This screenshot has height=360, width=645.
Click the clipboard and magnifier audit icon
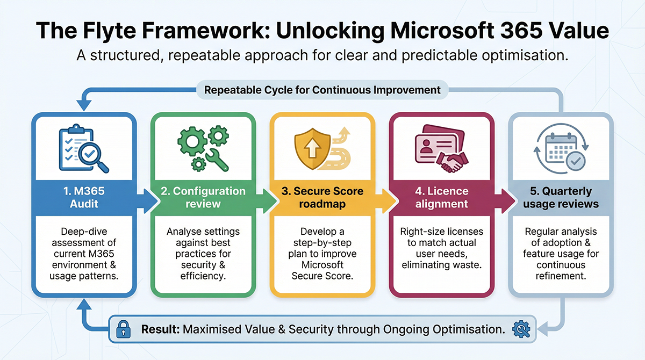point(83,148)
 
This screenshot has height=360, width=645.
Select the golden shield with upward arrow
point(312,149)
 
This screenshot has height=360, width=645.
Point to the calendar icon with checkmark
point(561,148)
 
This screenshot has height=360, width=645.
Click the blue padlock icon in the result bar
point(123,329)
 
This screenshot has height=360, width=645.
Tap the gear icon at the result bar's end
point(521,329)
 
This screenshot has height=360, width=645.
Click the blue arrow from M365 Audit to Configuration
point(147,201)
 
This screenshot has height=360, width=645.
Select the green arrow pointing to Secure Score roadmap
point(267,201)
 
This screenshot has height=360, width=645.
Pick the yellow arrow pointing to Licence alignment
point(386,201)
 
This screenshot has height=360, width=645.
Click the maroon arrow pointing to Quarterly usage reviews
point(505,201)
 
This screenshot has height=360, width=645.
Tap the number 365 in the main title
point(521,31)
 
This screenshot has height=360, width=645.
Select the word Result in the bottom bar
point(160,329)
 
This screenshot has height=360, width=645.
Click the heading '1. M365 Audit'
point(84,197)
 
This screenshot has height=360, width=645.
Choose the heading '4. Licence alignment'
point(442,197)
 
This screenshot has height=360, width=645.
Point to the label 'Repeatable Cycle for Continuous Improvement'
point(322,90)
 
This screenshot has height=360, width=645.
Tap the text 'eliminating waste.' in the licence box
point(442,265)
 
